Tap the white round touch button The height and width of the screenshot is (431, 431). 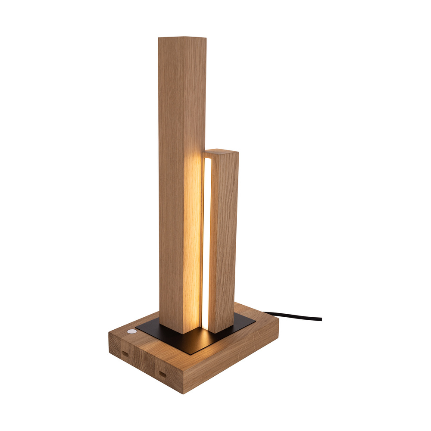pyautogui.click(x=131, y=332)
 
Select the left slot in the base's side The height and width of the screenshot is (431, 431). pyautogui.click(x=125, y=353)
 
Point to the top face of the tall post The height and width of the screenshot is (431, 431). pyautogui.click(x=182, y=38)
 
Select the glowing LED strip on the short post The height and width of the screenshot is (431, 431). pyautogui.click(x=207, y=241)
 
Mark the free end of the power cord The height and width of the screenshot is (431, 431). pyautogui.click(x=321, y=319)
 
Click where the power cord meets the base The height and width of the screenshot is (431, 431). pyautogui.click(x=264, y=313)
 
